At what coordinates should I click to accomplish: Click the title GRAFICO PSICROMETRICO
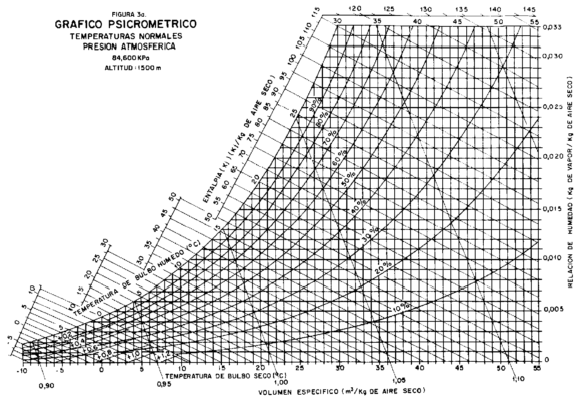[126, 24]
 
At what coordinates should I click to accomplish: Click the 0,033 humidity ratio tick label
[553, 27]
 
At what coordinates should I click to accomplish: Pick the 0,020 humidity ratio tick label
[553, 156]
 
